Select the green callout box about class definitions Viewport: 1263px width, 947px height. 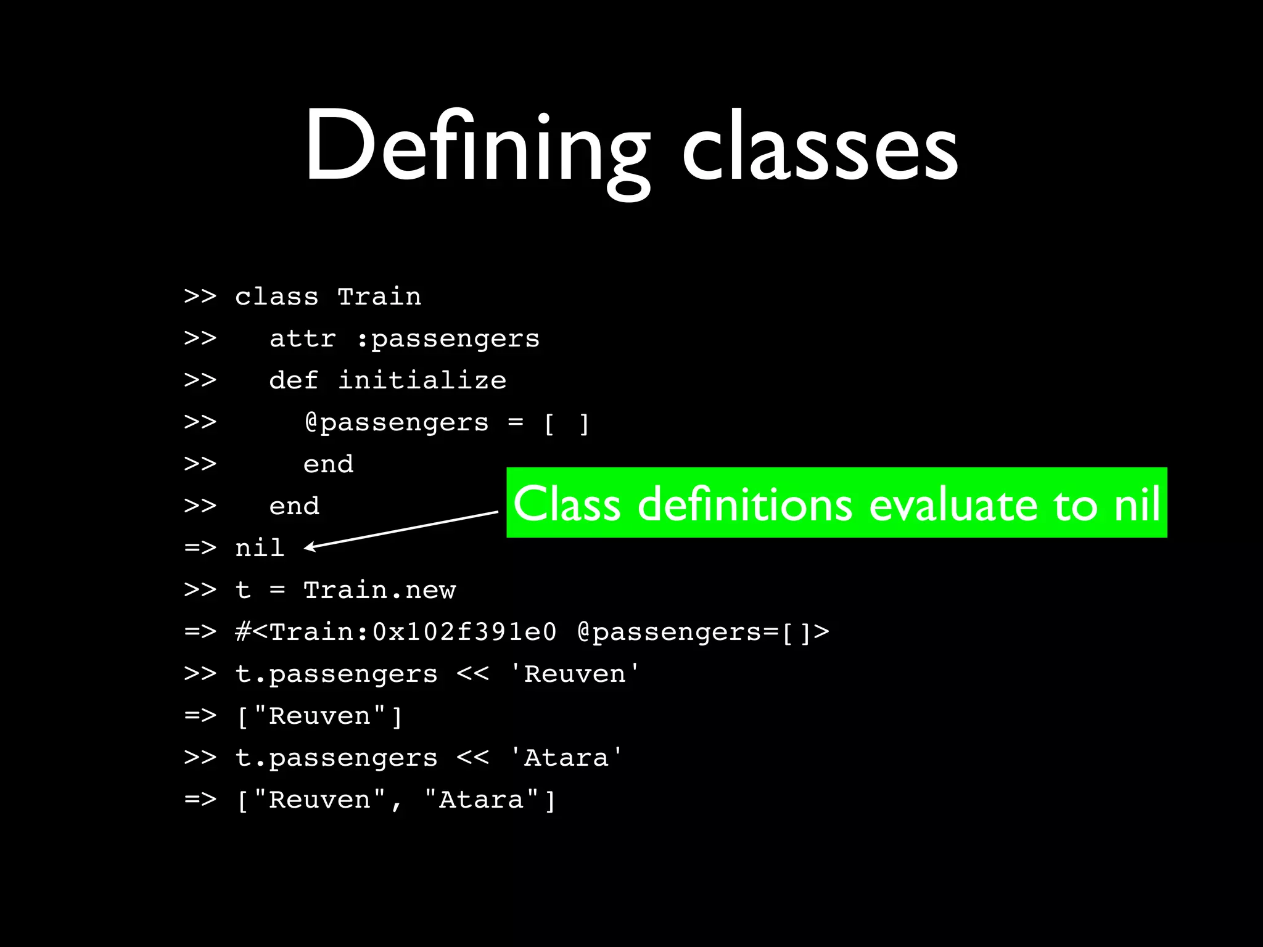836,502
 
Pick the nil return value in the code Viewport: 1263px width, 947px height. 260,547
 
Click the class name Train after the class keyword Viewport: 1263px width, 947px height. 379,297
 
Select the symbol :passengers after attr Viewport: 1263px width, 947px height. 448,338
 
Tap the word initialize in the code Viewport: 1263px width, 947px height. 422,380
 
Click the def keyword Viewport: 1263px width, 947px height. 294,380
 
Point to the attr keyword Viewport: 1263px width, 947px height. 302,338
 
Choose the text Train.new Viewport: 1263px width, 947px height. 379,590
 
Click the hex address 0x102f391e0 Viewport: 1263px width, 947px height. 464,632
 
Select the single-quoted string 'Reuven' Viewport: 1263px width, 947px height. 575,674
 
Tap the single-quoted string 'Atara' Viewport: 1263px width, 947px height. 566,758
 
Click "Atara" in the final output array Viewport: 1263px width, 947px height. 481,800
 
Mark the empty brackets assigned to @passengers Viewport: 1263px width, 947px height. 566,423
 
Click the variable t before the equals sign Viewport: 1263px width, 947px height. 243,590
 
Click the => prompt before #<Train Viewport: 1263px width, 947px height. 200,632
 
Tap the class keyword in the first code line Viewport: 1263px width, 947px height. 277,297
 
